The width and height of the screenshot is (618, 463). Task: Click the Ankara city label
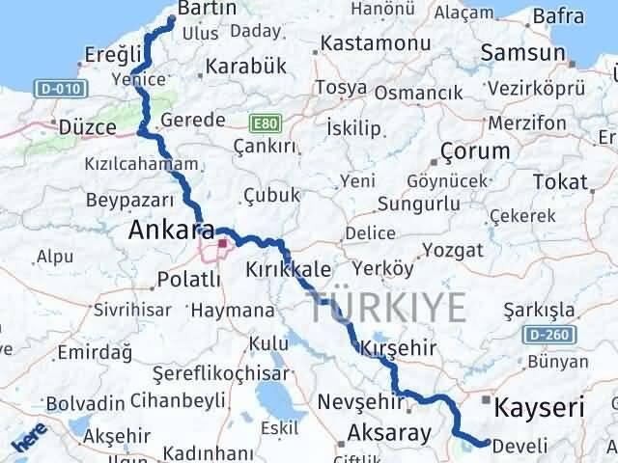(171, 231)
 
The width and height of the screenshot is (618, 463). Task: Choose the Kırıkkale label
(289, 268)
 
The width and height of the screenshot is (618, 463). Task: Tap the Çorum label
(474, 151)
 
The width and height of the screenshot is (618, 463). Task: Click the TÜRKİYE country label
(389, 309)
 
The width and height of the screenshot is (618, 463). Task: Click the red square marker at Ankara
(223, 244)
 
